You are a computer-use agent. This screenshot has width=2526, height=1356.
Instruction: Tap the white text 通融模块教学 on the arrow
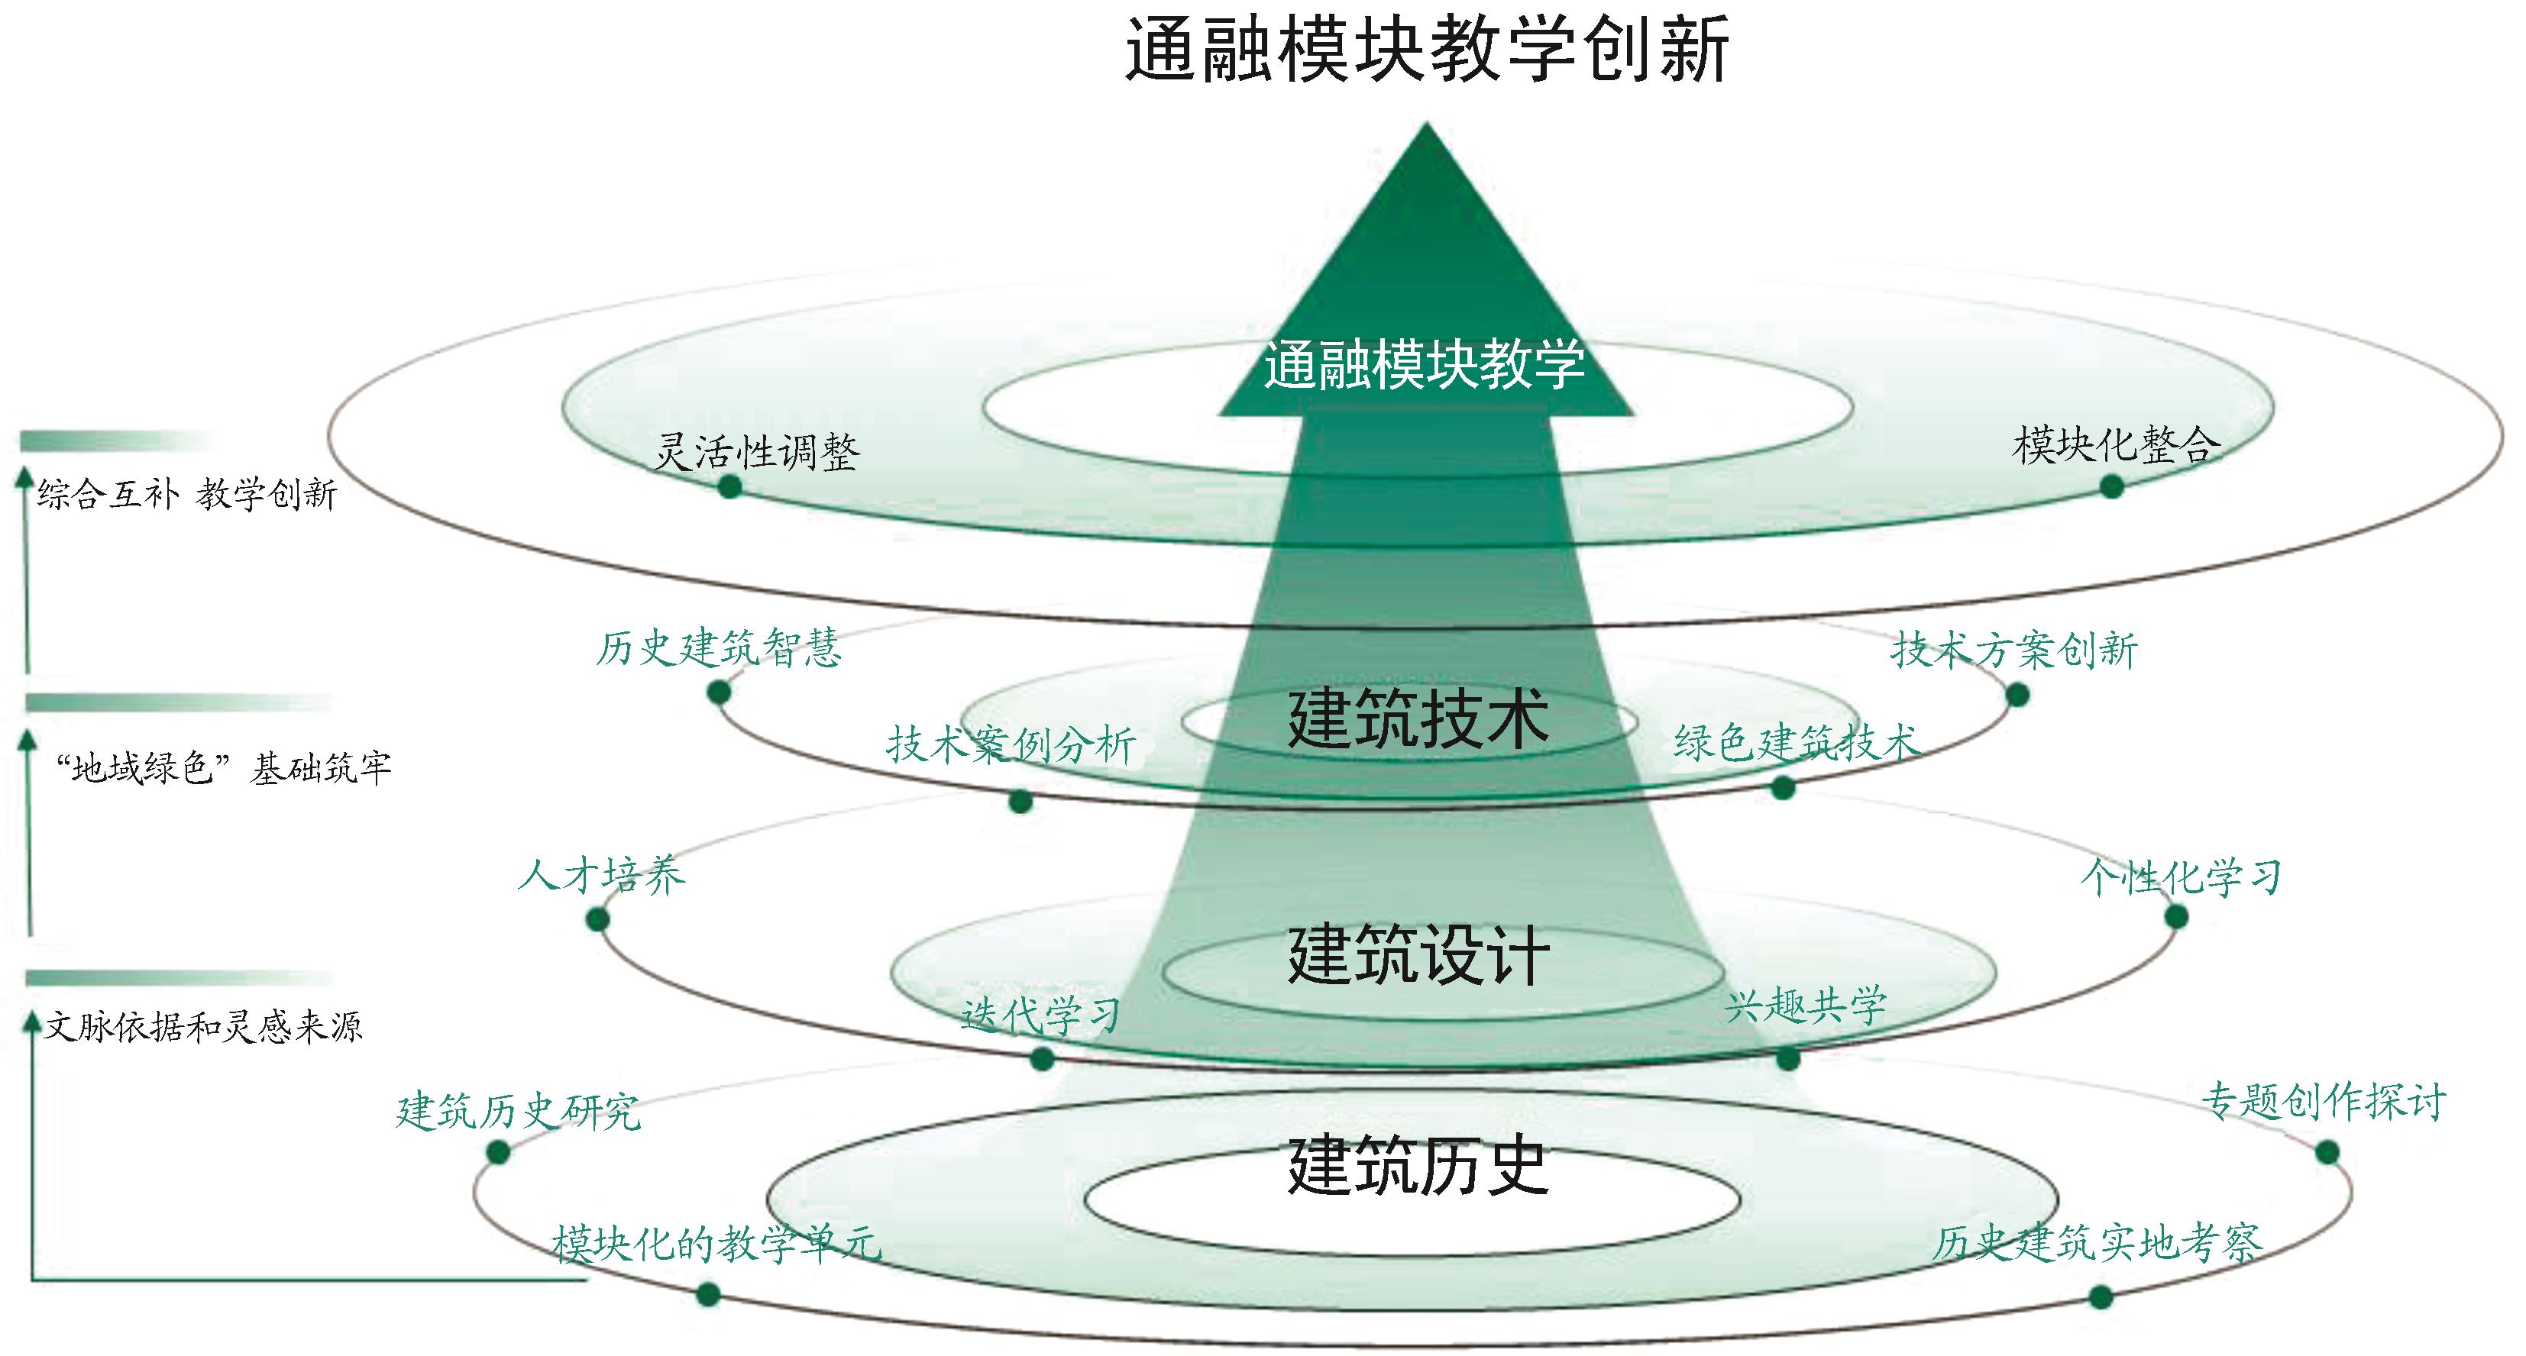pyautogui.click(x=1424, y=365)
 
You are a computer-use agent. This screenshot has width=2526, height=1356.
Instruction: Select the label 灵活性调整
pyautogui.click(x=757, y=453)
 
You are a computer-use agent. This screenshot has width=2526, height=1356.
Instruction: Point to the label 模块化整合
pyautogui.click(x=2116, y=445)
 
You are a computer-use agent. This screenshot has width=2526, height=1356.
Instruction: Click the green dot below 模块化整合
pyautogui.click(x=2112, y=486)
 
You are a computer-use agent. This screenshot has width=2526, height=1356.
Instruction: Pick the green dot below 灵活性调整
pyautogui.click(x=729, y=486)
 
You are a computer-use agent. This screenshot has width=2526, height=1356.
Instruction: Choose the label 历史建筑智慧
pyautogui.click(x=719, y=648)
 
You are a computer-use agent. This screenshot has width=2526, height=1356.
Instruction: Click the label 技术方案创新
pyautogui.click(x=2014, y=650)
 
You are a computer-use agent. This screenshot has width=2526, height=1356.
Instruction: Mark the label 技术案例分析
pyautogui.click(x=1011, y=745)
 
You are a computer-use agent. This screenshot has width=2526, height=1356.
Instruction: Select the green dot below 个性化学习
pyautogui.click(x=2176, y=917)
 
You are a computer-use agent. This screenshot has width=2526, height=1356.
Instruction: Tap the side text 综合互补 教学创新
pyautogui.click(x=187, y=494)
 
